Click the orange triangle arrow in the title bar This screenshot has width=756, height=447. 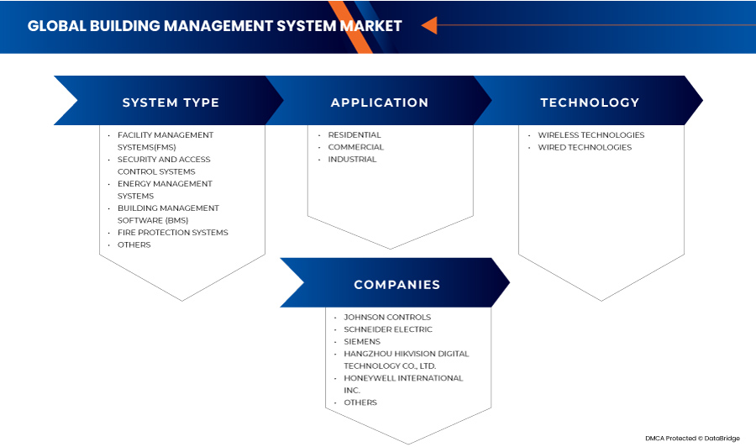[x=428, y=25]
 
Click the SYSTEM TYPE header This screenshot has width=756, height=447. [x=171, y=103]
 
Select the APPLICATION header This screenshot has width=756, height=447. [x=380, y=103]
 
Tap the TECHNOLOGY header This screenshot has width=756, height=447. [x=590, y=103]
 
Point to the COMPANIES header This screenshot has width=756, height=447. [x=396, y=285]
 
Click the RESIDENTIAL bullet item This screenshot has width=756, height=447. [x=354, y=134]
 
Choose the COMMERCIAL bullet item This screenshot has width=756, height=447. [x=355, y=147]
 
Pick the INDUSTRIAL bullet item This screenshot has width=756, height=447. [x=352, y=159]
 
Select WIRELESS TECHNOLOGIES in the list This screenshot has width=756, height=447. [x=591, y=134]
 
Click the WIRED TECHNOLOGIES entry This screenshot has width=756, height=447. [x=585, y=147]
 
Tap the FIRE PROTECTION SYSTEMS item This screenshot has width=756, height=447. [x=172, y=233]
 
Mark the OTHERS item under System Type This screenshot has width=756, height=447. [x=134, y=245]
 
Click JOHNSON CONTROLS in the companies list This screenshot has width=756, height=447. [x=387, y=318]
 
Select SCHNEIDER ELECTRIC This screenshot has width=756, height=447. [x=388, y=329]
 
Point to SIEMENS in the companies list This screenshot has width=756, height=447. [x=362, y=342]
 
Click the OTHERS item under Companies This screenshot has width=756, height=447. [x=360, y=402]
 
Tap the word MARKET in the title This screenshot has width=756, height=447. [x=370, y=26]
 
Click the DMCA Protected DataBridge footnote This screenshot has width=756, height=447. [x=694, y=438]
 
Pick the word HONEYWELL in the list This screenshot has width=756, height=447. [x=370, y=378]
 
